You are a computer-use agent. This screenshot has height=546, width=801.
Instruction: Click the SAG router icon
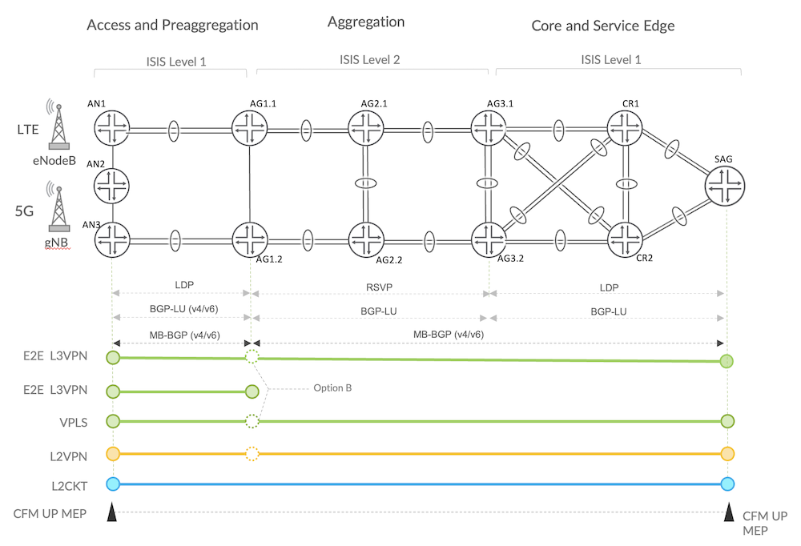(726, 187)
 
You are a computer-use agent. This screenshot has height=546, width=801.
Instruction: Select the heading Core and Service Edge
(602, 26)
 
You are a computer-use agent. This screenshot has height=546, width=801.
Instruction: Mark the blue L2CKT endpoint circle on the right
(727, 484)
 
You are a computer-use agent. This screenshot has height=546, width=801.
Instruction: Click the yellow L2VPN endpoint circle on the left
(113, 454)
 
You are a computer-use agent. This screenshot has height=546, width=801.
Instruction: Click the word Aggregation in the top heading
(366, 22)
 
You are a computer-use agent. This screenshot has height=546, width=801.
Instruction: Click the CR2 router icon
(625, 238)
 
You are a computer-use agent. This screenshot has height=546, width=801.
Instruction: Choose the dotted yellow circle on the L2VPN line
(252, 454)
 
